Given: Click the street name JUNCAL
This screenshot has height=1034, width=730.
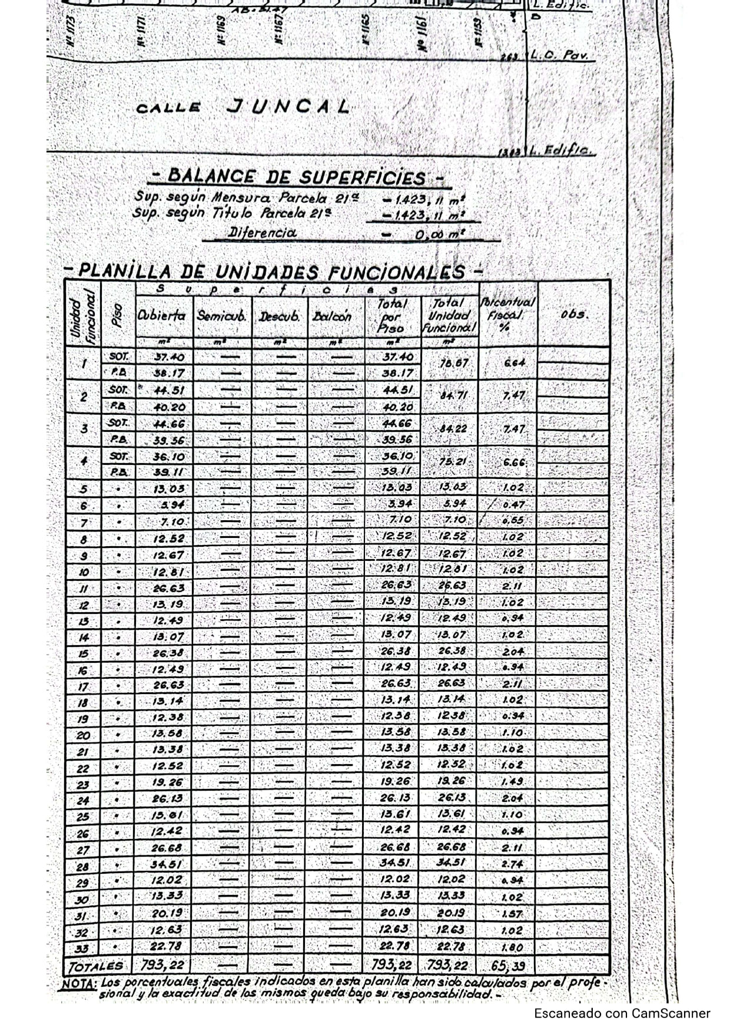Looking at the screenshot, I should point(288,107).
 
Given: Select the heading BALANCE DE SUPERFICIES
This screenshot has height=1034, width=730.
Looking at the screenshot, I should point(297,177).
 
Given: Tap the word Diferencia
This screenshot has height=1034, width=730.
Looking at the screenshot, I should point(263,232).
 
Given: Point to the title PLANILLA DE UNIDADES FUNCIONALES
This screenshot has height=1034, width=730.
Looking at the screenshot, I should point(273,272).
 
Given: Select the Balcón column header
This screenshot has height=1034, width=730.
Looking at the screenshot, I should point(333,316).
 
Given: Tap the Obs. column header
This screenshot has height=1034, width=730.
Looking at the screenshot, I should point(574,314).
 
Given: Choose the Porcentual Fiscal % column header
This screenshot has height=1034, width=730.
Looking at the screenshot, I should point(507,313).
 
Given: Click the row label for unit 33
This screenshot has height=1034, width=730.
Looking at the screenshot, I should point(82,949).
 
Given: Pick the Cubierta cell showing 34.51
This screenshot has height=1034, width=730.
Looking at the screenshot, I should point(167,864).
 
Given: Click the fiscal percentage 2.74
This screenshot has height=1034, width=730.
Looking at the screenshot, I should point(512,864).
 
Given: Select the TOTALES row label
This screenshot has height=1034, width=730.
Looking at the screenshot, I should point(96,966).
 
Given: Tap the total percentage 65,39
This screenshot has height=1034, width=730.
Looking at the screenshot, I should point(507,966).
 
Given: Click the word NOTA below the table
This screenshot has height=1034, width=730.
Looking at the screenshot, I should point(79,983).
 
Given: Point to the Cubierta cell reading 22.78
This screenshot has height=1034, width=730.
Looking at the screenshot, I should point(167,946).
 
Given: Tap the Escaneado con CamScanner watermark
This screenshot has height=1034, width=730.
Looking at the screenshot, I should point(622,1013).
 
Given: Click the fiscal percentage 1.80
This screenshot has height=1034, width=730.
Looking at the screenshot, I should point(512,947).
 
